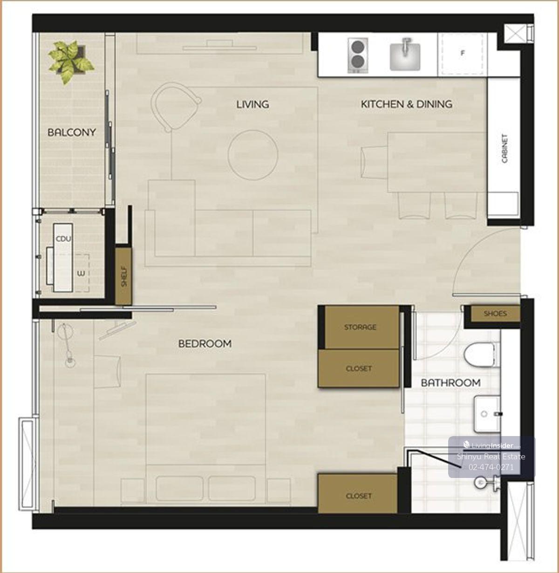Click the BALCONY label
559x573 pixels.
coord(72,132)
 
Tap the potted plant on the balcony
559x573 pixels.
coord(71,61)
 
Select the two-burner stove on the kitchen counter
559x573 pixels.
coord(358,55)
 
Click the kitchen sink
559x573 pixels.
coord(405,55)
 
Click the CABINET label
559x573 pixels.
coord(504,149)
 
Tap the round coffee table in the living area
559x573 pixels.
coord(253,155)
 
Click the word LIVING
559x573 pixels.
coord(252,104)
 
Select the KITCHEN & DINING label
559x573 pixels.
coord(407,104)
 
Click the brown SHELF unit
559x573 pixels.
coord(123,276)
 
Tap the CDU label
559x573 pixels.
coord(63,239)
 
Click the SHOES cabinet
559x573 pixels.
coord(496,314)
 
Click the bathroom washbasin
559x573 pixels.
coord(487,414)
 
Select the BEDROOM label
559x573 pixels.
coord(205,344)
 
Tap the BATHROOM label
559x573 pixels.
coord(450,383)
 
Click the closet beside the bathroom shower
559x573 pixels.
coord(358,496)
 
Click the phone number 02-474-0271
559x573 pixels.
coord(491,467)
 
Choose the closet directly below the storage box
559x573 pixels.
coord(359,368)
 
